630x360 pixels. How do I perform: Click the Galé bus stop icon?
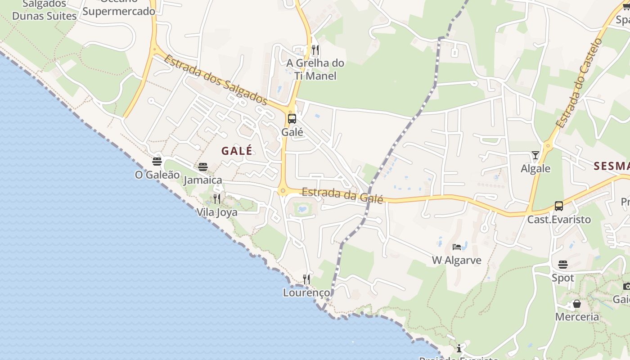(292, 119)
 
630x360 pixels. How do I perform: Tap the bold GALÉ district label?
(237, 151)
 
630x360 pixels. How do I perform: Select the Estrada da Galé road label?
(342, 195)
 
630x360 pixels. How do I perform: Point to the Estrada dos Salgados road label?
(216, 80)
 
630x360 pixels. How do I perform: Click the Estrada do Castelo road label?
(579, 83)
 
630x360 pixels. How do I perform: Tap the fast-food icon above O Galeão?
(157, 161)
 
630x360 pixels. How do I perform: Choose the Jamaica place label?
(203, 180)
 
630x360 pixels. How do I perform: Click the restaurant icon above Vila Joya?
(217, 198)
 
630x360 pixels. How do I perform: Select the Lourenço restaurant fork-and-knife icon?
(306, 279)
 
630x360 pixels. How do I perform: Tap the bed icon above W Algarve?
(457, 247)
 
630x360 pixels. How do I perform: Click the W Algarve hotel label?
(457, 260)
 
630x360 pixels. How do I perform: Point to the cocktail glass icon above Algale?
(535, 155)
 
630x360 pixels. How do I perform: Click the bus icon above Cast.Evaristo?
(559, 206)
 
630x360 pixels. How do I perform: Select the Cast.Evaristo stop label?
(559, 220)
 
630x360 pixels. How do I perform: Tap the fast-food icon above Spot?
(563, 264)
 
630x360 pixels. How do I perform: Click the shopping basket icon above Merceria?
(577, 304)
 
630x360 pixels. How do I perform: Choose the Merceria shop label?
(577, 317)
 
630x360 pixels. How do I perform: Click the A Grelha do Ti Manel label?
(315, 69)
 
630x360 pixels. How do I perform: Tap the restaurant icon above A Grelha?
(315, 49)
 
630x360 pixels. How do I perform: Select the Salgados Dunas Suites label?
(45, 10)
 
